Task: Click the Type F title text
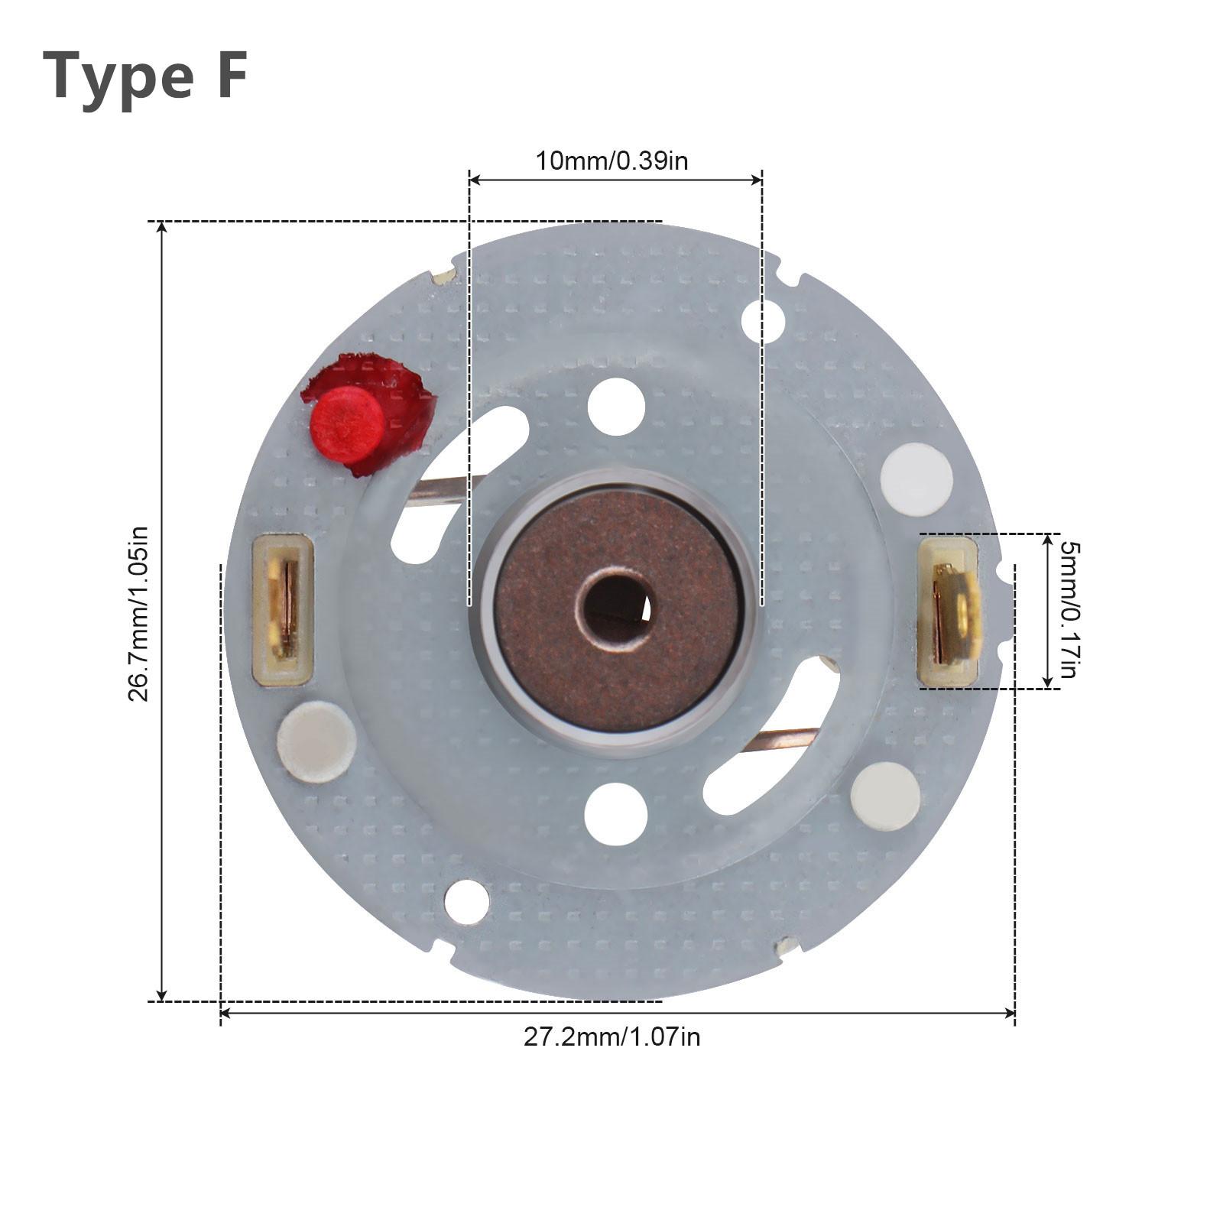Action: pos(145,76)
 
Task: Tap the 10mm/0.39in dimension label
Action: pos(611,161)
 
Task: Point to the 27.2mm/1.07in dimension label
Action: pos(611,1037)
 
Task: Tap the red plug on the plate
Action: pos(348,424)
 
